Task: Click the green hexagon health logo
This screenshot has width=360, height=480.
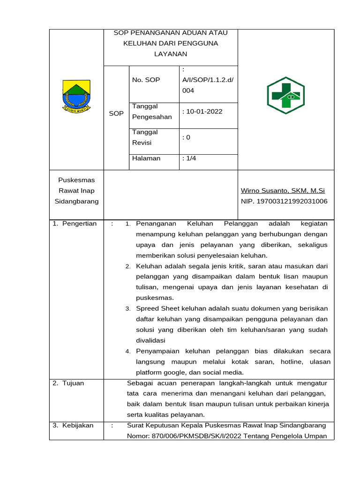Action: click(x=285, y=96)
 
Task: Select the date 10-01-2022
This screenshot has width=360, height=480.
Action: click(x=204, y=112)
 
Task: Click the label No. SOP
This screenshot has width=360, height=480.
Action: click(x=146, y=80)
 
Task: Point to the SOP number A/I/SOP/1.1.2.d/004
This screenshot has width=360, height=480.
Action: click(x=207, y=85)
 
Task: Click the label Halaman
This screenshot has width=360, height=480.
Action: click(x=146, y=158)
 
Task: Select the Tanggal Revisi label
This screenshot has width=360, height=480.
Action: click(x=145, y=137)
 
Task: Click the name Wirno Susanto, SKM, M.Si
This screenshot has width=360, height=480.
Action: click(x=282, y=191)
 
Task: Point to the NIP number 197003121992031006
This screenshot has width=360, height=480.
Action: click(x=284, y=201)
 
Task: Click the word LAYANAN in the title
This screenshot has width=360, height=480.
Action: click(x=171, y=54)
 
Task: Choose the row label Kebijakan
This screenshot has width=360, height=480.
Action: click(x=76, y=426)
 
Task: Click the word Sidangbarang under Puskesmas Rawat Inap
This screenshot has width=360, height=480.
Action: click(x=76, y=201)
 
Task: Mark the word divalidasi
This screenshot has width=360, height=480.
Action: click(x=150, y=340)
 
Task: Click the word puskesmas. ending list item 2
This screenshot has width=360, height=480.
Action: click(x=155, y=298)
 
